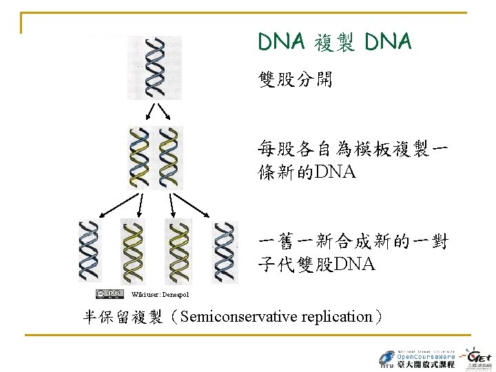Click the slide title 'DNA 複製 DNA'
[335, 43]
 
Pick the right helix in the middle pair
[169, 158]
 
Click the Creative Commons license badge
[110, 294]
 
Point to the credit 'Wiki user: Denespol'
[161, 295]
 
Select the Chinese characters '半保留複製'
[123, 317]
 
